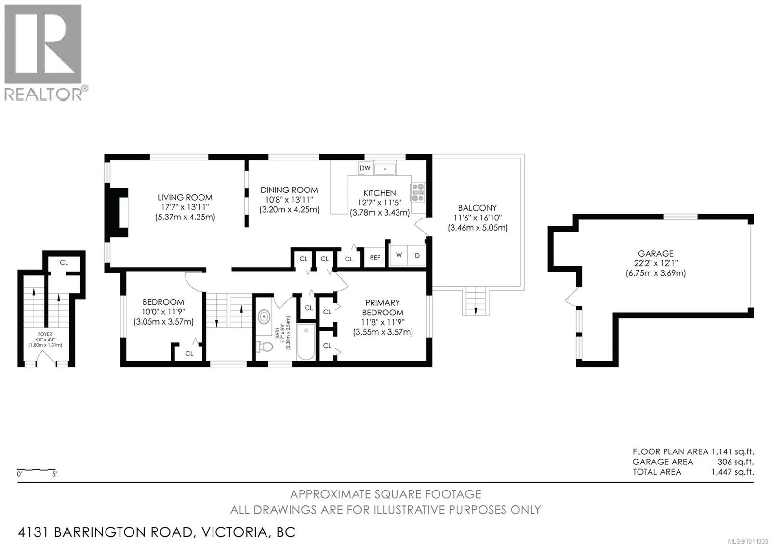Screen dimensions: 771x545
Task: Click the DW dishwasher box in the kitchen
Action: (x=365, y=168)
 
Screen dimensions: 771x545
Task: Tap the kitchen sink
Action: (x=385, y=169)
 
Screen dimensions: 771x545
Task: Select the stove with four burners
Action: (x=418, y=192)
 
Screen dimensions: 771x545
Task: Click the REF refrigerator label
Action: (x=375, y=258)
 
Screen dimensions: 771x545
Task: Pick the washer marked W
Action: (x=399, y=255)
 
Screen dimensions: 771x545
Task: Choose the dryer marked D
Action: (x=416, y=255)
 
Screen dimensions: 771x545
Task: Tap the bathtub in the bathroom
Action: (x=306, y=341)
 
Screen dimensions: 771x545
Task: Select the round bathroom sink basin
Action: (x=264, y=316)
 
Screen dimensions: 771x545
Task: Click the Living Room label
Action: (x=185, y=198)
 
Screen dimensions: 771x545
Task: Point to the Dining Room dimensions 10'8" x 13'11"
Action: (x=289, y=200)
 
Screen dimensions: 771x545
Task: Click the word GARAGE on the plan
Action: (x=656, y=254)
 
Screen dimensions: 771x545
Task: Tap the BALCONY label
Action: (x=478, y=208)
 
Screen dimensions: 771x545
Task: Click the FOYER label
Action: (x=45, y=334)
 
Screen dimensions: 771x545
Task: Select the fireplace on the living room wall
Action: (x=116, y=212)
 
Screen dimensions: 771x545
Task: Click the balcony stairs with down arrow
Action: (x=476, y=301)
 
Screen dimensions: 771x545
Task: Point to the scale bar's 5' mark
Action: (x=54, y=474)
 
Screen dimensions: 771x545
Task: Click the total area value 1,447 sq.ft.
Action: (x=733, y=472)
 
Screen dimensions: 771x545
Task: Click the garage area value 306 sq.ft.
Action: (x=736, y=462)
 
